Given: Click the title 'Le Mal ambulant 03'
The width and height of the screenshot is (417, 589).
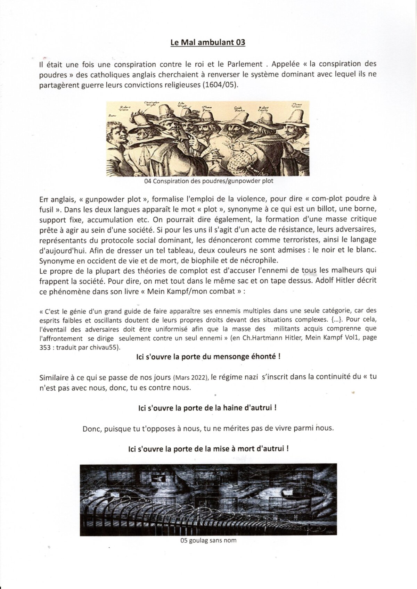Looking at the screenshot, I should [x=208, y=43].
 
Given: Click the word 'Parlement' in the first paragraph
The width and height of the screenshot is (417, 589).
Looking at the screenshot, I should [x=245, y=64].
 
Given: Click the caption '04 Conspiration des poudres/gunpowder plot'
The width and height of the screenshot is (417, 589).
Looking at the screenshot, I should [x=208, y=181].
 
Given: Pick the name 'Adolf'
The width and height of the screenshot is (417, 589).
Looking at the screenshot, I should [x=325, y=280].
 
